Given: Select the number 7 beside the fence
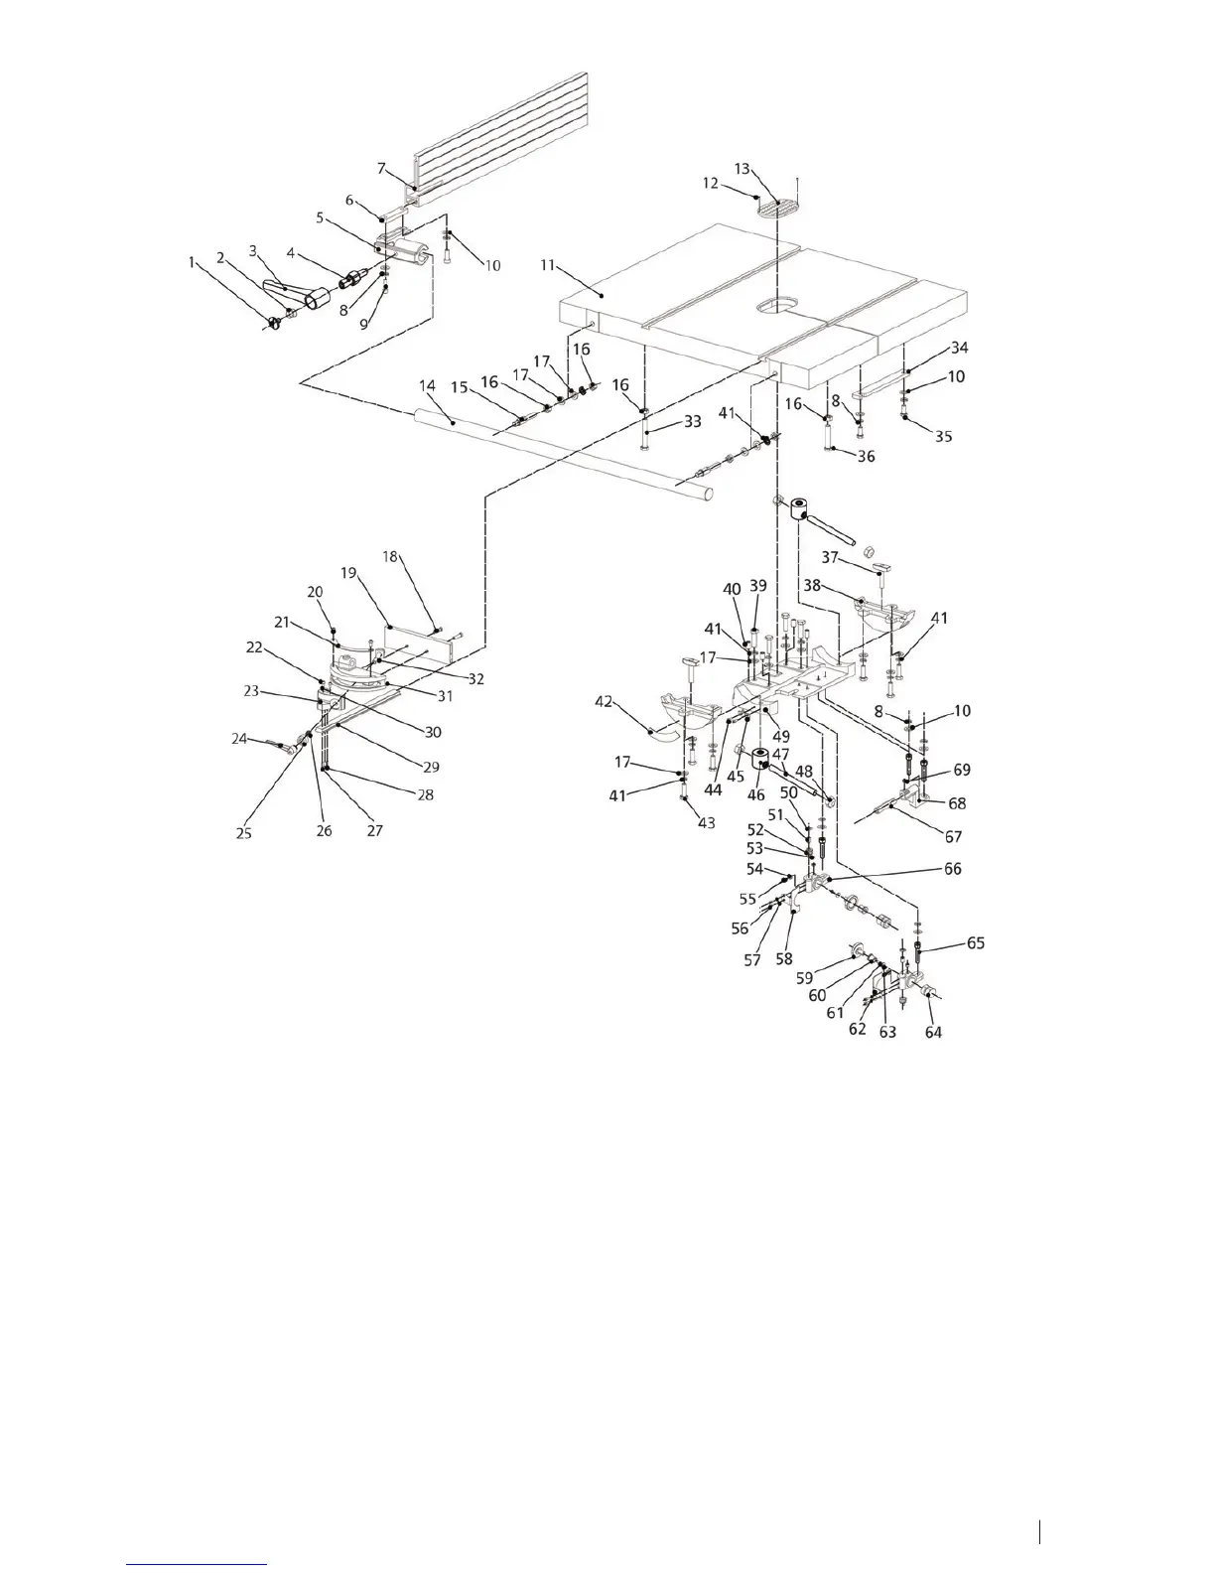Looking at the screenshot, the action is coord(382,168).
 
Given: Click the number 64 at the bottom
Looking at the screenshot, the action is coord(933,1032).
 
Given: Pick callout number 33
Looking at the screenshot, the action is coord(692,421).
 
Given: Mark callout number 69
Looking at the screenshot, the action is coord(961,770).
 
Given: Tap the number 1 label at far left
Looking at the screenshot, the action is coord(192,262).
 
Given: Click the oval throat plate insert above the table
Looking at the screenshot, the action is coord(778,209).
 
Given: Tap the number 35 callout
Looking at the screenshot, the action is coord(944,436).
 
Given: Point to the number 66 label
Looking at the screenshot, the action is coord(952,868).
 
